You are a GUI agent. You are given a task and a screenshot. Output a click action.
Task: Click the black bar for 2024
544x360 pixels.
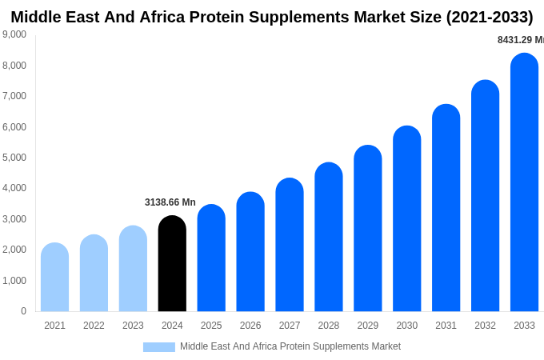coord(172,264)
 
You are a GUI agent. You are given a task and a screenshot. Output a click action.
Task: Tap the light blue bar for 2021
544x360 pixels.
coord(54,278)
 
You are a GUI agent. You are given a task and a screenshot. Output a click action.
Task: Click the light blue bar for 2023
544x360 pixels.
coord(133,269)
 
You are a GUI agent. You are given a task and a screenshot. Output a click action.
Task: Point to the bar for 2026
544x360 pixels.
coord(250,252)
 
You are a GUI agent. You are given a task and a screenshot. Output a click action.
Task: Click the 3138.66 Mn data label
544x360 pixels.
coord(170,202)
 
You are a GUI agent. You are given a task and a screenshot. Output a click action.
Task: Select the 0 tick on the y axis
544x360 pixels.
coord(23,311)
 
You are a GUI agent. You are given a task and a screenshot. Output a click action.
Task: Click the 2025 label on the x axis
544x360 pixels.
coord(211,326)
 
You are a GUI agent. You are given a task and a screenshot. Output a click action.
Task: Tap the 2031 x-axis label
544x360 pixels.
coord(446,326)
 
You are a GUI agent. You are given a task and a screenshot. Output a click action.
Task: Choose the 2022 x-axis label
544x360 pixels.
coord(94,326)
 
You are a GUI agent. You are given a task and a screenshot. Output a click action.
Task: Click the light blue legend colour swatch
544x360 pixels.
coord(158,347)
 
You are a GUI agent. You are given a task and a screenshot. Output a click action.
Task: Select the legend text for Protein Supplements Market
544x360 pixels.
coord(290,346)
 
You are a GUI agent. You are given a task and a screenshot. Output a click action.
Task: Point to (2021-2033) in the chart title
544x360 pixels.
coord(489,17)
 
